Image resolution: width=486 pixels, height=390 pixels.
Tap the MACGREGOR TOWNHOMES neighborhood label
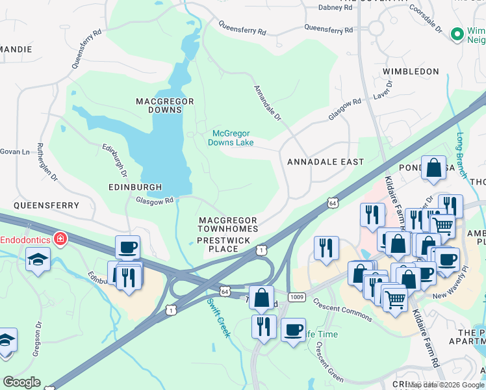pos(227,225)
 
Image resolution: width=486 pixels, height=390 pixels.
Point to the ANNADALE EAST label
pos(326,161)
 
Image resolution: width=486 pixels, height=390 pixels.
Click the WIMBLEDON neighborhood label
pos(411,71)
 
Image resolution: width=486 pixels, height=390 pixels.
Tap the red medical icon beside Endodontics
pos(60,239)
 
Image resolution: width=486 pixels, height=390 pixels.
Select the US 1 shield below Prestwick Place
pos(261,250)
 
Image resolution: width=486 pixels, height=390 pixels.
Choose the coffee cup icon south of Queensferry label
pos(127,247)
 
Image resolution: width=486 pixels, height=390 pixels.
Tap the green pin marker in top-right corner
pos(457,32)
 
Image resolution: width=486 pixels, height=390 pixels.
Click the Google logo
pos(21,382)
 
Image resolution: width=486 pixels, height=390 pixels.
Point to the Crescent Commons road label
pos(342,309)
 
